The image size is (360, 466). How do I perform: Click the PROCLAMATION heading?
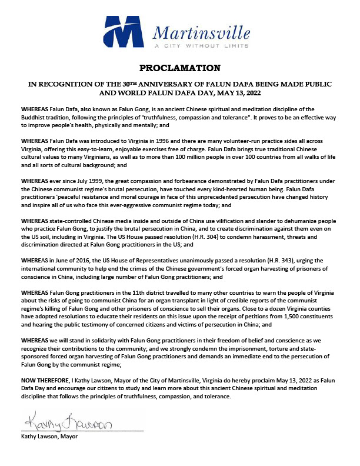181,68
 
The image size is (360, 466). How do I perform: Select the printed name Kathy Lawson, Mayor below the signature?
49,437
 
